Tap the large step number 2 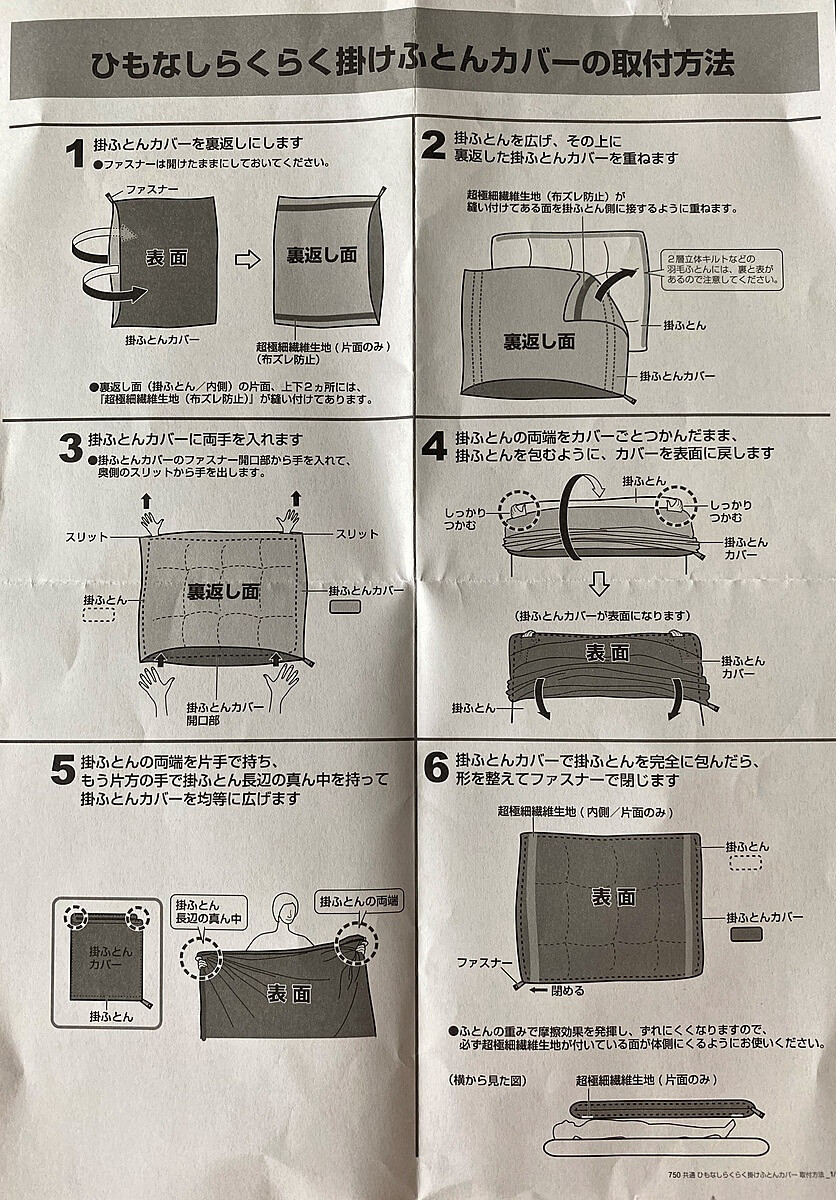(433, 148)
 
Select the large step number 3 (71, 447)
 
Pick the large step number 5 (63, 769)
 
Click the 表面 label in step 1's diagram (166, 257)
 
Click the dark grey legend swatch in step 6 (746, 934)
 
